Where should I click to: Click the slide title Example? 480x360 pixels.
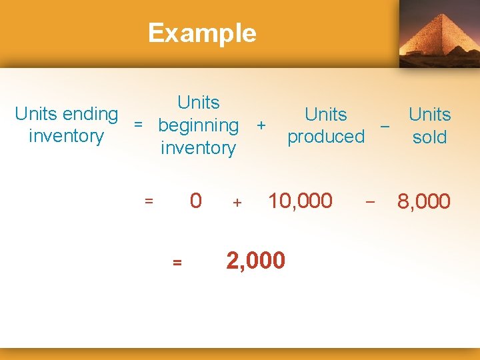[202, 33]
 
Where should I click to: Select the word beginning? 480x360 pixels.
[198, 125]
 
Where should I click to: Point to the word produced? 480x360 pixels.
[326, 137]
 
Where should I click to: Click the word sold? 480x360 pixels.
[429, 137]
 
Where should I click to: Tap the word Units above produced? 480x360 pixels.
[326, 114]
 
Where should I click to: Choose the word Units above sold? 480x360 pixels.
[429, 114]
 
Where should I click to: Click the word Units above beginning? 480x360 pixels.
[198, 103]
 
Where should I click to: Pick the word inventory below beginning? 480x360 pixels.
[198, 148]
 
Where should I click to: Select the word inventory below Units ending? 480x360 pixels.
[66, 137]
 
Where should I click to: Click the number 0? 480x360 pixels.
[195, 201]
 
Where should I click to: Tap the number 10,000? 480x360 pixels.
[300, 200]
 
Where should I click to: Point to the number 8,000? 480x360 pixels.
[424, 201]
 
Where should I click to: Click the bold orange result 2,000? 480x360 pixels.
[256, 261]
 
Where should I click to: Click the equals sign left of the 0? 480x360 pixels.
[149, 200]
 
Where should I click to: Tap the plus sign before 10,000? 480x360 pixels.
[237, 202]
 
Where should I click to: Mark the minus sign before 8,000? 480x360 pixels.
[371, 200]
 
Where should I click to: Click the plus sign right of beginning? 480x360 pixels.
[261, 125]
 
